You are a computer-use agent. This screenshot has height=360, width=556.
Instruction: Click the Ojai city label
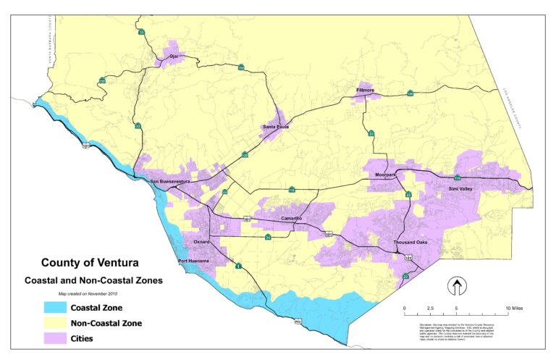point(173,55)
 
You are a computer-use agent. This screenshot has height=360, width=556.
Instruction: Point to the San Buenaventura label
point(169,181)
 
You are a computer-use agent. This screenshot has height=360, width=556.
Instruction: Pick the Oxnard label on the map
point(201,241)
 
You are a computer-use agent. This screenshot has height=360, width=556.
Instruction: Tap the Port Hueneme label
point(193,261)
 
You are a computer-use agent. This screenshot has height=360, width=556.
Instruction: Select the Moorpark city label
point(387,175)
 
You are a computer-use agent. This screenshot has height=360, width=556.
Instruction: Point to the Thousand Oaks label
point(413,242)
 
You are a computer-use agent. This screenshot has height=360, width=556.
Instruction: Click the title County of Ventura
point(90,263)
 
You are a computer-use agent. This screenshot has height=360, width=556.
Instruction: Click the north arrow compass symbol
point(457,288)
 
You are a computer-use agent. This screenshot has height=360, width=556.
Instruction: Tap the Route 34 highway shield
point(268,237)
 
